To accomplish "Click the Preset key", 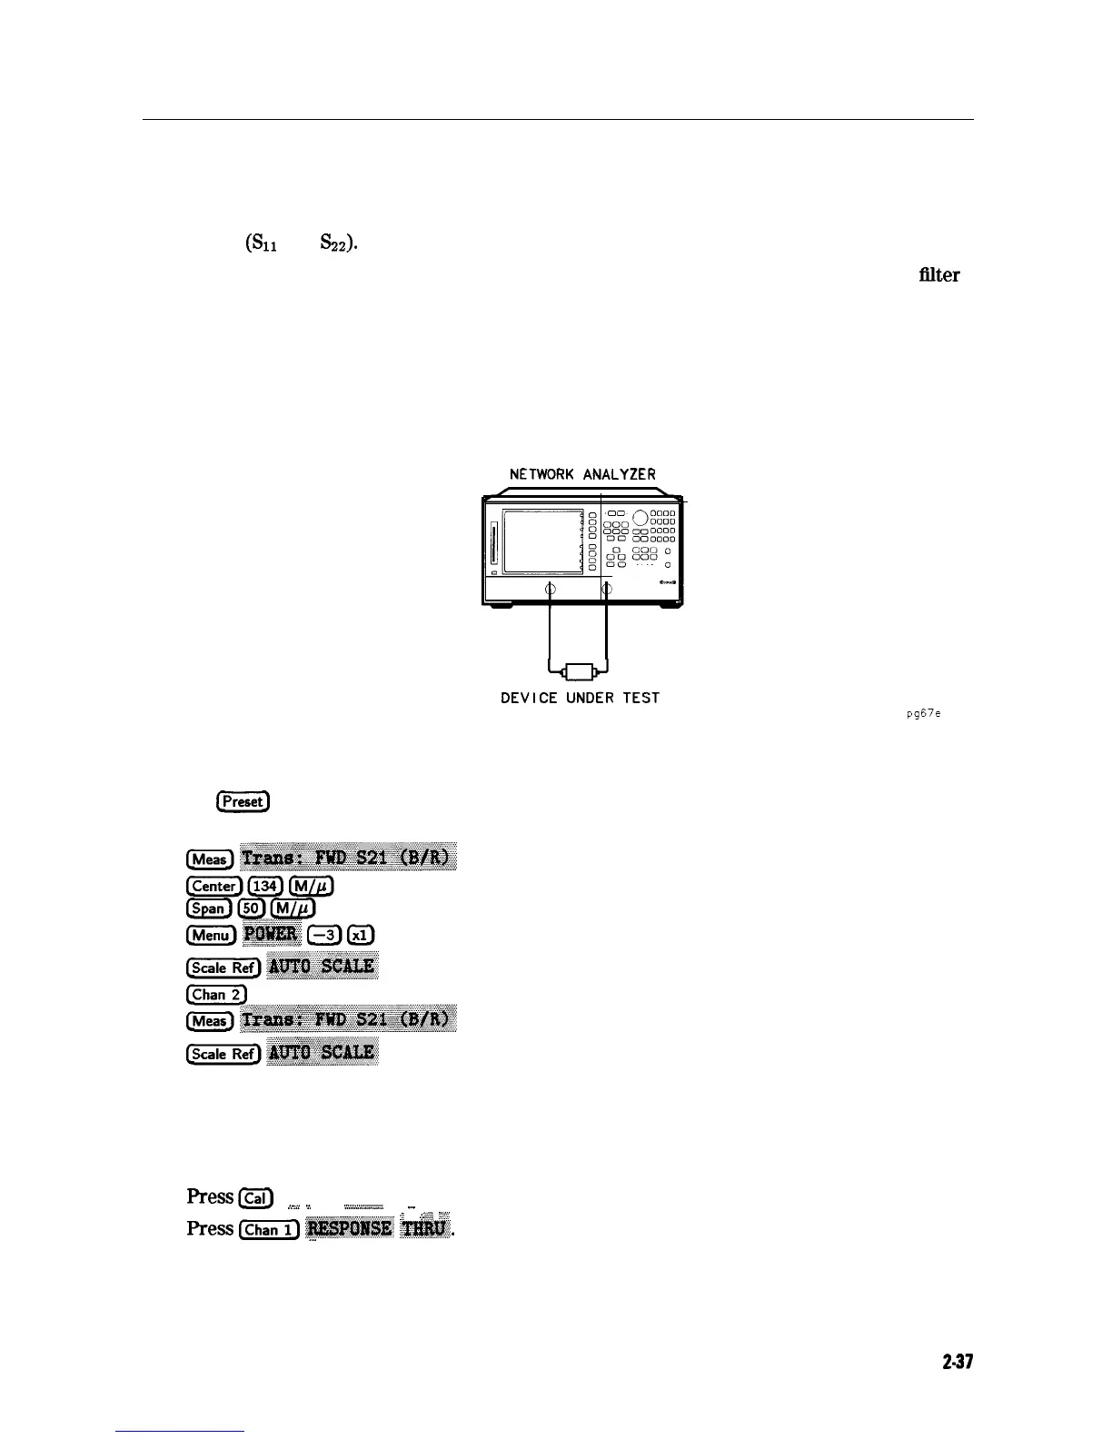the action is pyautogui.click(x=243, y=801).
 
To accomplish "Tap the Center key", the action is pyautogui.click(x=214, y=886).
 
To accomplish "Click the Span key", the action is pyautogui.click(x=208, y=908).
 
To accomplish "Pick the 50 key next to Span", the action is pyautogui.click(x=249, y=908).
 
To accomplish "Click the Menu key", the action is pyautogui.click(x=211, y=935).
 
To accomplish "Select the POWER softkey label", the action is pyautogui.click(x=273, y=934).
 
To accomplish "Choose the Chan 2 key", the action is pyautogui.click(x=214, y=994).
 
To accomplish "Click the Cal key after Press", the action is pyautogui.click(x=255, y=1198).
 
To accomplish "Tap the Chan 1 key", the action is pyautogui.click(x=268, y=1229).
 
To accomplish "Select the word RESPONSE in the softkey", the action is pyautogui.click(x=350, y=1228).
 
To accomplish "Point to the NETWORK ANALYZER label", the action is pyautogui.click(x=582, y=474).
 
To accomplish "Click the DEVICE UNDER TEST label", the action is pyautogui.click(x=580, y=698).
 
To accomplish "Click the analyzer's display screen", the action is pyautogui.click(x=541, y=541).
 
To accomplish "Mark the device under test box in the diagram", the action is pyautogui.click(x=578, y=672).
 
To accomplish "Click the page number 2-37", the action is pyautogui.click(x=958, y=1362).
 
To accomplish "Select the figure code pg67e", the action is pyautogui.click(x=923, y=713).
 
